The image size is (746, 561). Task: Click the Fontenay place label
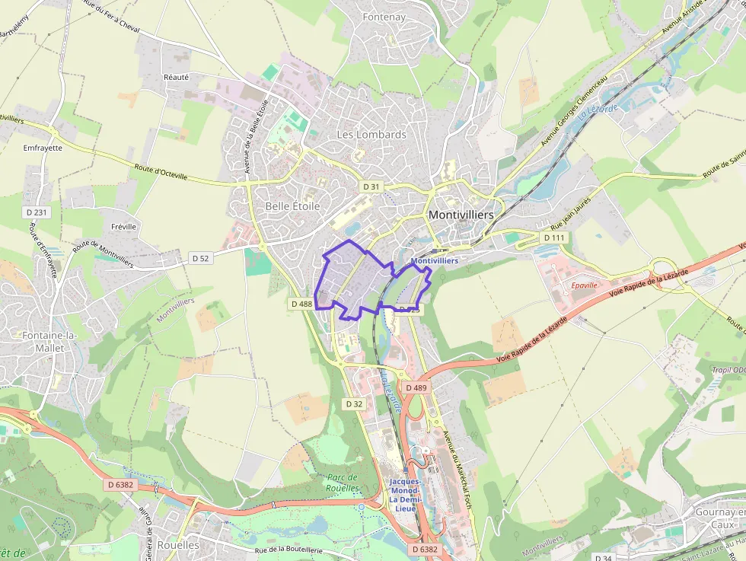tap(384, 17)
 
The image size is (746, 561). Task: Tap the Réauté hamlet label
tap(176, 77)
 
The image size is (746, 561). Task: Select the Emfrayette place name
tap(43, 148)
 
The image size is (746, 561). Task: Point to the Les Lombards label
tap(371, 135)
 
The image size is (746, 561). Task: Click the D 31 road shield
tap(371, 186)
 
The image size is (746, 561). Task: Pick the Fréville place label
tap(123, 227)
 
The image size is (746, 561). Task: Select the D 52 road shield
tap(200, 259)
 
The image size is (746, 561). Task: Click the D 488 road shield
tap(301, 304)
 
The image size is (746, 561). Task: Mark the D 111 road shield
tap(555, 237)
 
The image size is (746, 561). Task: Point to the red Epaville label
tap(585, 285)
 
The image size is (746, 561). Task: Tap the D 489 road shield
tap(416, 387)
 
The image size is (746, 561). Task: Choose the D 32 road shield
tap(354, 404)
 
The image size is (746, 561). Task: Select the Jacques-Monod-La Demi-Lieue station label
tap(403, 495)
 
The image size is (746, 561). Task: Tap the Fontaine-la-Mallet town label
tap(36, 341)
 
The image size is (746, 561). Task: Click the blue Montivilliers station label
tap(434, 260)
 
